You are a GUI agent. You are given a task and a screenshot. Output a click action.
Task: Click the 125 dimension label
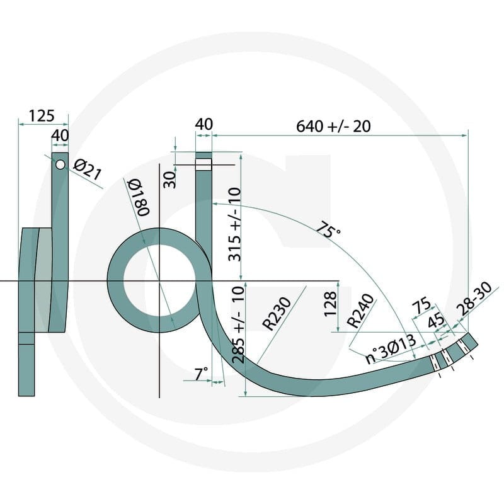coord(42,116)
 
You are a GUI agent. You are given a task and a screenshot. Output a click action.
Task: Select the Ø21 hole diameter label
coord(87,169)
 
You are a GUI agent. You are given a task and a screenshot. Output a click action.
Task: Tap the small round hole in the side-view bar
coord(60,164)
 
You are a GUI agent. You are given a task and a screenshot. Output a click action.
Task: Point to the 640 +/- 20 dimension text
coord(333,127)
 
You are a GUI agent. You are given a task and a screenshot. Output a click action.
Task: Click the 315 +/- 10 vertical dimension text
coord(234,224)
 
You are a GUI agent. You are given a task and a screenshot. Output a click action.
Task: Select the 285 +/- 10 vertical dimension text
coord(238,324)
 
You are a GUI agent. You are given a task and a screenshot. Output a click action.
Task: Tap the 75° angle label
coord(328,229)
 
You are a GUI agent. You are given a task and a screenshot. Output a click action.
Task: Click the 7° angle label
coord(201,374)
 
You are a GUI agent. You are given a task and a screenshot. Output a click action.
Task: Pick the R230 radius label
coord(277,314)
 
